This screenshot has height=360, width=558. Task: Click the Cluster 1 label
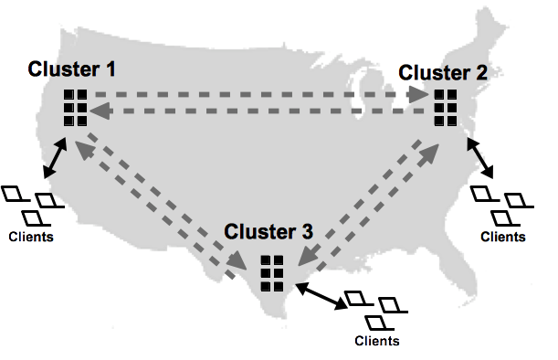tap(72, 69)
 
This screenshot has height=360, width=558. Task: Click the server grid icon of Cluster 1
tap(75, 108)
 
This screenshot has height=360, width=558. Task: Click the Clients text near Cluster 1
tap(30, 237)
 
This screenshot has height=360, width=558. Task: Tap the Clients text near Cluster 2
tap(503, 236)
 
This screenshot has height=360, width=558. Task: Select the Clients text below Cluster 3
tap(376, 341)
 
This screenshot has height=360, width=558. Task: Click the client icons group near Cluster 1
tap(30, 205)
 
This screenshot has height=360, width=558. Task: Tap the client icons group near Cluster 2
tap(500, 205)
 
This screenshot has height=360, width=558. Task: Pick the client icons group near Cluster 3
tap(373, 310)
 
